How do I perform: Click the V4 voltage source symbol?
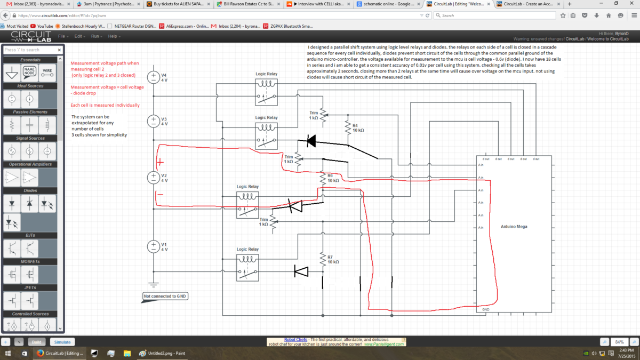153,77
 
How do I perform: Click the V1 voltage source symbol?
153,246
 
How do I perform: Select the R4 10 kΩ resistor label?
358,127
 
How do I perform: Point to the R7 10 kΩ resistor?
323,260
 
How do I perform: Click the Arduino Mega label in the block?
514,227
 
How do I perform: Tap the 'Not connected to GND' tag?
165,297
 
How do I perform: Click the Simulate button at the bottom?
62,342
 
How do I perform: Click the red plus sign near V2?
161,162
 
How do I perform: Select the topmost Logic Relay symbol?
266,90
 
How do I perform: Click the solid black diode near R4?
311,141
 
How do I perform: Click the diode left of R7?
301,272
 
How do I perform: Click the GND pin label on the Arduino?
485,309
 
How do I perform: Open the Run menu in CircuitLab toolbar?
95,36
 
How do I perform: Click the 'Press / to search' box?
32,50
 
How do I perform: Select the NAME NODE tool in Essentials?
30,72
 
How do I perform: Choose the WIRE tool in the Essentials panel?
47,72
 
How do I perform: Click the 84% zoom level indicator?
620,342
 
